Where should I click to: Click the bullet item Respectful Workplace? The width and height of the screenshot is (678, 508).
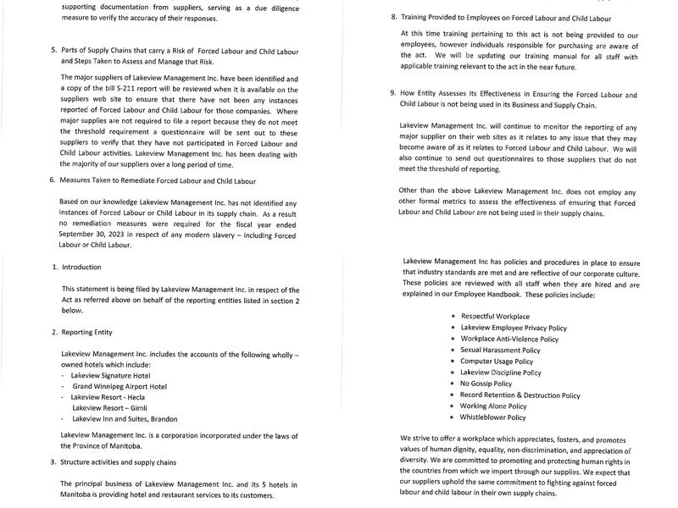[x=495, y=316]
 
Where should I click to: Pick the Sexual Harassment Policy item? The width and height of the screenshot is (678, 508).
[x=500, y=350]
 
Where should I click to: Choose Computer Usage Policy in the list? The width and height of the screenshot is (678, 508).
[x=498, y=361]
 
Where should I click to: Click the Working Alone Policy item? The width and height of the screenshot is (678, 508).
[x=493, y=406]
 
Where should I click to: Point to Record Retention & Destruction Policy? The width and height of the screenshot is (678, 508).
[x=520, y=395]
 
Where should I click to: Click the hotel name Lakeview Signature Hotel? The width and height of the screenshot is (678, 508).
[x=110, y=375]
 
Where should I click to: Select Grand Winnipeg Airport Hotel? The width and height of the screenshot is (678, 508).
[x=119, y=386]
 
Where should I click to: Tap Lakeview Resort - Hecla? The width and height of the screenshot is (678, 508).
[x=107, y=396]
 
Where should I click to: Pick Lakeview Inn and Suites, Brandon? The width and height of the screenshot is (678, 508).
[x=125, y=418]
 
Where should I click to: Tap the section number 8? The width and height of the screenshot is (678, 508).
[x=394, y=18]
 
